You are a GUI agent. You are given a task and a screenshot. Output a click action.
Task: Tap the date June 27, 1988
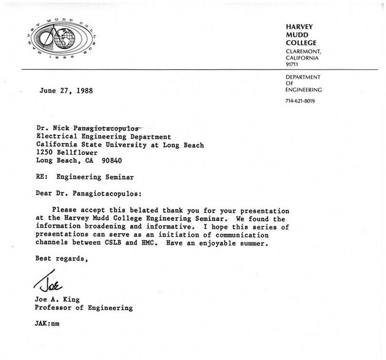[66, 91]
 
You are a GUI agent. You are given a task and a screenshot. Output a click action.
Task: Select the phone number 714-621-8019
[300, 101]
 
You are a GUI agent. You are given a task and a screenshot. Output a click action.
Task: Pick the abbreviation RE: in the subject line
[42, 177]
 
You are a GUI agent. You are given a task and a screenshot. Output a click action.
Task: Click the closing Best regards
[59, 260]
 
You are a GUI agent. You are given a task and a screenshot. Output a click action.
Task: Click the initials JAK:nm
[48, 324]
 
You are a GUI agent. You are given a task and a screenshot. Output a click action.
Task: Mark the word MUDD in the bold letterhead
[297, 35]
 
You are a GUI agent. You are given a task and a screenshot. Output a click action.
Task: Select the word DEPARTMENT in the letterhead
[303, 77]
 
